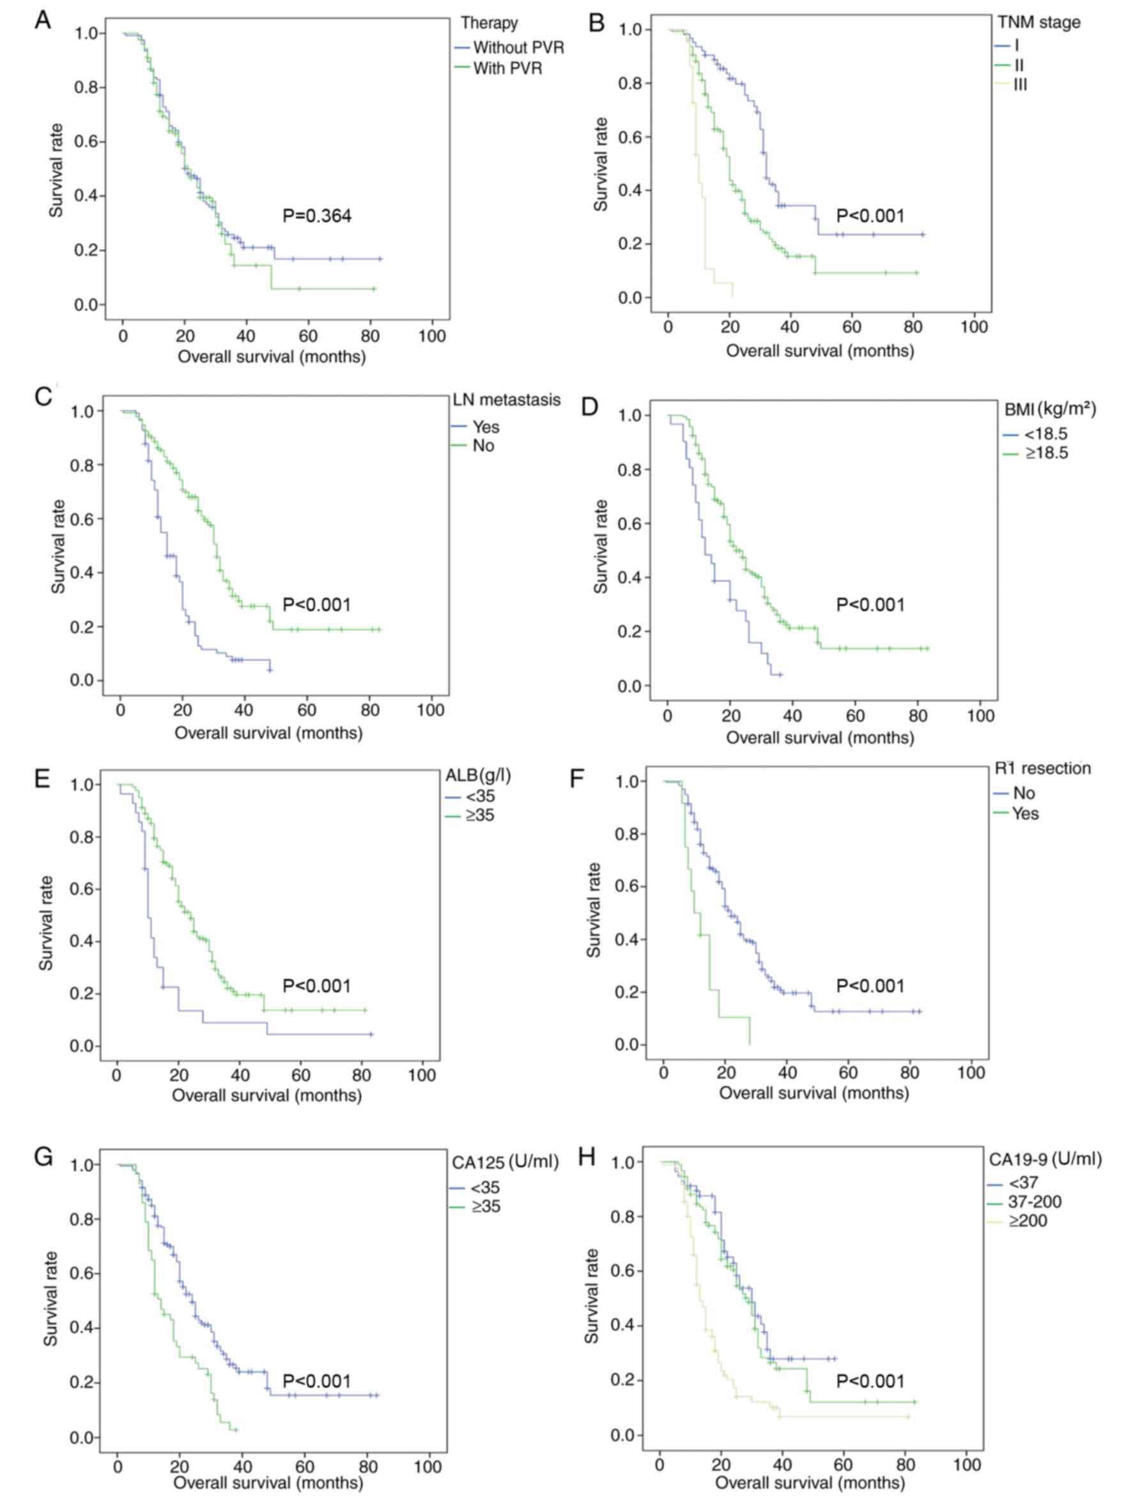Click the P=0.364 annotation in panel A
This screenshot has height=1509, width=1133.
point(317,216)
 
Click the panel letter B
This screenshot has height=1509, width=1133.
point(596,22)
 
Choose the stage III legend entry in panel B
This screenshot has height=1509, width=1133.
point(1020,84)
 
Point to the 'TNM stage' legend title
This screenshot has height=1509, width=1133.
point(1039,22)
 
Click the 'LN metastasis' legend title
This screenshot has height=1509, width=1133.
point(507,400)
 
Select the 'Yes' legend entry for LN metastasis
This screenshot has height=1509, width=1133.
point(485,427)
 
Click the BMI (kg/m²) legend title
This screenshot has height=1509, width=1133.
point(1050,409)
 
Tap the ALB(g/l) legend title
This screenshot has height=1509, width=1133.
point(478,776)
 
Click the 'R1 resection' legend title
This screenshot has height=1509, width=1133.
point(1042,768)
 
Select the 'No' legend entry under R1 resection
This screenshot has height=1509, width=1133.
point(1024,793)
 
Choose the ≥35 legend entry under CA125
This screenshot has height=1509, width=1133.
point(484,1207)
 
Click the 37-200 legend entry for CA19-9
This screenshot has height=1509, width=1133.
point(1034,1202)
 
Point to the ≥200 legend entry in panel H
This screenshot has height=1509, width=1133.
point(1027,1221)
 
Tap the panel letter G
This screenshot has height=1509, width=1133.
point(43,1158)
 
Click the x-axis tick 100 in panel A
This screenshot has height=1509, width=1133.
point(431,336)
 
